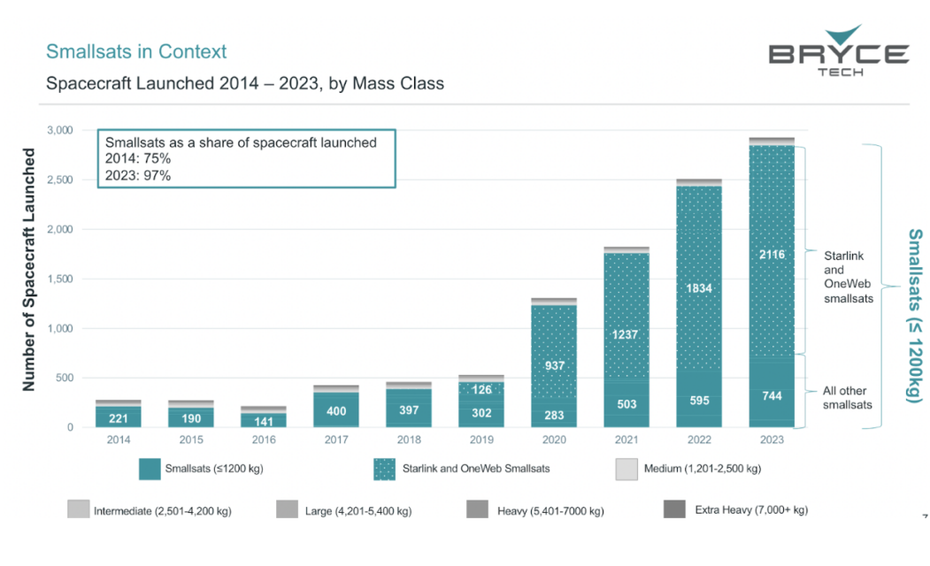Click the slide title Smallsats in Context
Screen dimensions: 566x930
click(x=136, y=51)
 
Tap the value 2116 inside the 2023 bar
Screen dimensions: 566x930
click(x=772, y=255)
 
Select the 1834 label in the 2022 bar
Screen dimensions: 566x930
click(x=699, y=288)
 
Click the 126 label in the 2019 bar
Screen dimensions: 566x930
click(x=482, y=390)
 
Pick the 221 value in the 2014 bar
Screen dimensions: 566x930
click(x=119, y=417)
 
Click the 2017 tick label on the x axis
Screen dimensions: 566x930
click(x=336, y=439)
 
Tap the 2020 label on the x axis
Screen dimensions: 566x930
click(x=554, y=439)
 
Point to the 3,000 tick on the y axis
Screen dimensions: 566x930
click(x=59, y=130)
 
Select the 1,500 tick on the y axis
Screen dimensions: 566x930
click(x=59, y=279)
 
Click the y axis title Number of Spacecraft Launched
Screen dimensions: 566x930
click(x=28, y=270)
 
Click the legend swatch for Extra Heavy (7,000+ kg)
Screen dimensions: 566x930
click(x=674, y=510)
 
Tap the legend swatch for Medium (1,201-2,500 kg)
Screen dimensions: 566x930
click(x=627, y=470)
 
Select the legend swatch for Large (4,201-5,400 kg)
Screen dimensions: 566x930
click(x=287, y=510)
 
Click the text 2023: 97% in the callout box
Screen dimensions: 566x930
click(x=138, y=175)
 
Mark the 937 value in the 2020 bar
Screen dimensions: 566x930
click(x=554, y=366)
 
